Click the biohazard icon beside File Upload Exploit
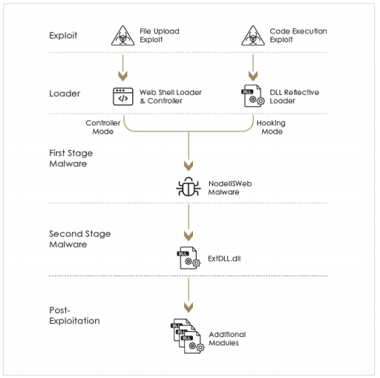pos(122,36)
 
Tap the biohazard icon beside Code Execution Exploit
pos(253,36)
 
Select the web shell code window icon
pos(123,97)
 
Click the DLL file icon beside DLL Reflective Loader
pos(253,96)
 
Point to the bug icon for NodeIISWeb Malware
pos(189,187)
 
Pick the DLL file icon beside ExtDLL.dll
pos(189,258)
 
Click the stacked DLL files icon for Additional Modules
pos(188,336)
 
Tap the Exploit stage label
pos(63,36)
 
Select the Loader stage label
pos(65,94)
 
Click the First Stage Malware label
pos(71,158)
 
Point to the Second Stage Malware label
pos(80,239)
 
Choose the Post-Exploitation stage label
pos(74,316)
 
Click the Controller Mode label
pos(103,127)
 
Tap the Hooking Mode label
pos(271,127)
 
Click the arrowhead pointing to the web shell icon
pos(123,76)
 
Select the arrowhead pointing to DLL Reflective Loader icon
pos(253,76)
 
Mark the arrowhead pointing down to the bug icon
pos(189,166)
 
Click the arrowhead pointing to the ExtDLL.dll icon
pos(189,236)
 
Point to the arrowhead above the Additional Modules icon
pos(189,307)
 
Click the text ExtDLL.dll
pos(224,258)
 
